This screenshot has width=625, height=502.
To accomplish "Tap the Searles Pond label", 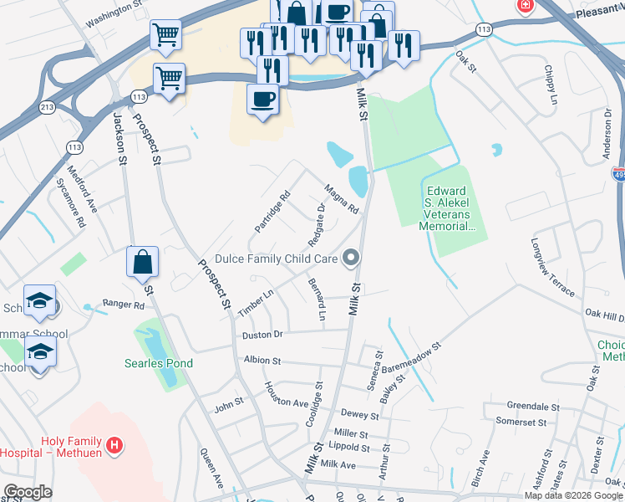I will (159, 363).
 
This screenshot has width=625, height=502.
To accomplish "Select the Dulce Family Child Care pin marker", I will (353, 259).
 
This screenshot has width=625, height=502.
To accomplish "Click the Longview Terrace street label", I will (551, 268).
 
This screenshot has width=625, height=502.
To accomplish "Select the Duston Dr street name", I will (263, 335).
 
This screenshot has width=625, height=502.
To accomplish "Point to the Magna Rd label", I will (341, 199).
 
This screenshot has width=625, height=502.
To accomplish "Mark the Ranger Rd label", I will (123, 305).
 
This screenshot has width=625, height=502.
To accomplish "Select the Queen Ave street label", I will (211, 469).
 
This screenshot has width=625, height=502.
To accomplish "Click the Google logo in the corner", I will (28, 492).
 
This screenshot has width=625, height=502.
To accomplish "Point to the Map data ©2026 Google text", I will (573, 495).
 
